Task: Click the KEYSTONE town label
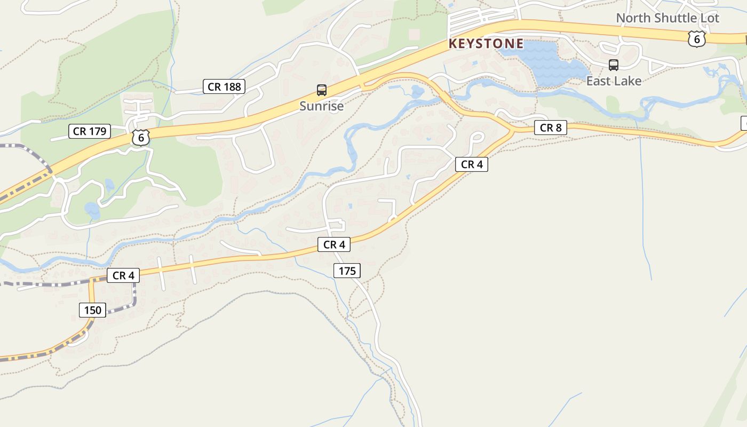tap(486, 44)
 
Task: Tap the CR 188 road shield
tap(224, 86)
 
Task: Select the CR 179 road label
tap(90, 131)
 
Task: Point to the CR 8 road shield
tap(550, 128)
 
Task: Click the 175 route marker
tap(347, 271)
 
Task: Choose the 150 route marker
tap(93, 310)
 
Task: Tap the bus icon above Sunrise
tap(322, 90)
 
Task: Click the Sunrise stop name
tap(321, 106)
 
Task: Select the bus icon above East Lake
tap(614, 65)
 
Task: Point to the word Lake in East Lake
tap(628, 81)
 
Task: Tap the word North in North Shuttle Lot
tap(633, 18)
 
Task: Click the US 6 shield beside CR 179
tap(141, 137)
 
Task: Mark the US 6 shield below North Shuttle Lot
tap(696, 38)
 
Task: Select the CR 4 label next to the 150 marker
tap(123, 275)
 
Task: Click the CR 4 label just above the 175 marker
tap(334, 244)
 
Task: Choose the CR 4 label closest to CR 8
tap(472, 164)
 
